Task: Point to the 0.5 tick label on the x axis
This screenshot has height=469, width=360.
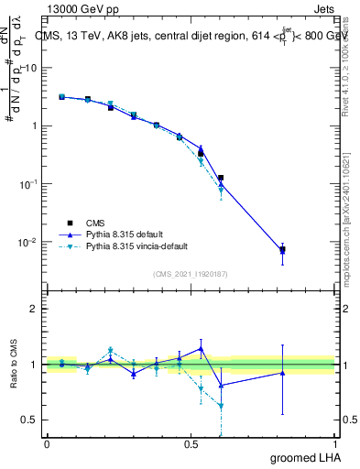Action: (191, 443)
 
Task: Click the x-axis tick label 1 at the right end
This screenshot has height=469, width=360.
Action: (335, 443)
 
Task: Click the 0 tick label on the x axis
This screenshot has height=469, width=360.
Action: (47, 443)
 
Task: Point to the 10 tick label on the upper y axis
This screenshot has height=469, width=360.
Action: (30, 68)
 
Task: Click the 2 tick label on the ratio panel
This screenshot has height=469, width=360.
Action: (34, 310)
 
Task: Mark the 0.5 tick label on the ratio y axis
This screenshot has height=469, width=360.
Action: (30, 420)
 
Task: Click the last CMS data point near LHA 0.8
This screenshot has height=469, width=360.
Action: (282, 249)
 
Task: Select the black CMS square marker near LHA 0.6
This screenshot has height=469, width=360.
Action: (221, 178)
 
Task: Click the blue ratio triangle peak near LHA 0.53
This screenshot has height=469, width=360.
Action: (201, 348)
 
